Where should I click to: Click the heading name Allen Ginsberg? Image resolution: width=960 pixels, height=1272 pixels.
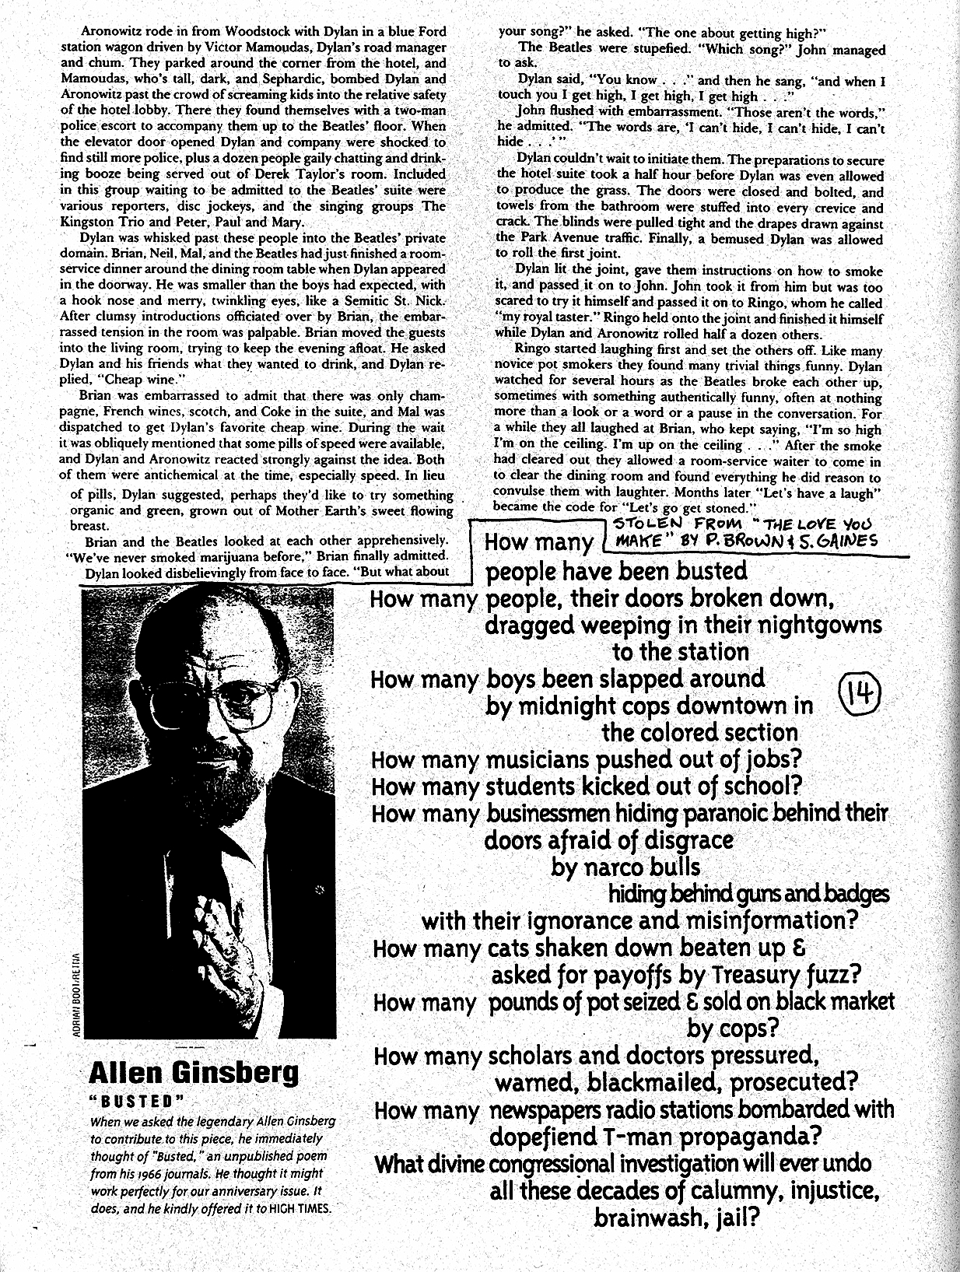coord(193,1073)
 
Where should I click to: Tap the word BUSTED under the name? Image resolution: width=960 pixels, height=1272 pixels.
coord(137,1101)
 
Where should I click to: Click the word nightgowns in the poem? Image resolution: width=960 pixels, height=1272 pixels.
coord(815,625)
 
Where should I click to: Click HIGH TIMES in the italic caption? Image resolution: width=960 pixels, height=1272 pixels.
coord(300,1209)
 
